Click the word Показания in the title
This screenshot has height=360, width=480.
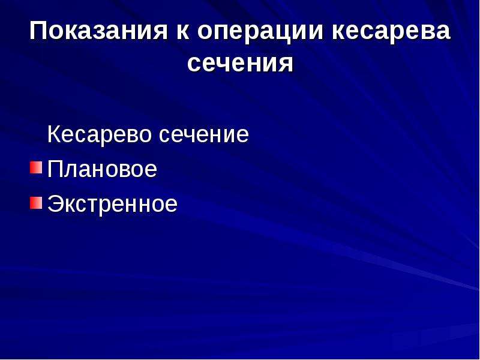point(98,31)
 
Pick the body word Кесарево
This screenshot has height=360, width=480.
point(100,134)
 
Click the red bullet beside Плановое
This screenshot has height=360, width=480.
point(36,167)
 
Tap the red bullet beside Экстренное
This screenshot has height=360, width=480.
point(36,203)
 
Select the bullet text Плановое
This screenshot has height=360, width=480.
point(102,169)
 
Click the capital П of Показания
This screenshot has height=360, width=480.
point(38,31)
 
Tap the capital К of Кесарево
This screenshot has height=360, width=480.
point(55,134)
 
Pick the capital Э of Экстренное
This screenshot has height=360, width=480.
point(56,204)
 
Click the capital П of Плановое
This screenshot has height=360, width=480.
point(55,169)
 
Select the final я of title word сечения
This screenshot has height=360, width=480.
point(286,65)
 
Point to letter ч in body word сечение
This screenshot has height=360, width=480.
point(192,136)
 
